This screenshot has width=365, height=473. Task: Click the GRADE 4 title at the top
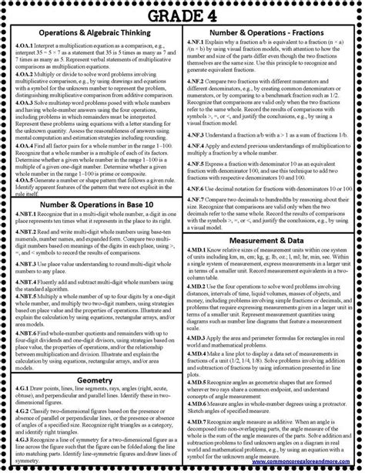coord(182,13)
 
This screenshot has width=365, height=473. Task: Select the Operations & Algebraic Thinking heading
coord(92,35)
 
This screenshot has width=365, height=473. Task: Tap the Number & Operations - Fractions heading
coord(272,34)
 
